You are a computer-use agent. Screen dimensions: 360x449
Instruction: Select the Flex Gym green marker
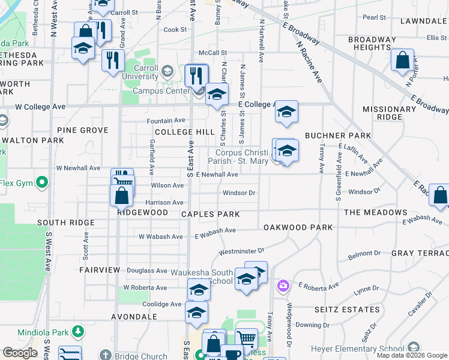coord(42,182)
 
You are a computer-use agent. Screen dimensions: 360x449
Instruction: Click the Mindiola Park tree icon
coord(77,331)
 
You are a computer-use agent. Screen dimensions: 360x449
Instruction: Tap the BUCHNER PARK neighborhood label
coord(338,136)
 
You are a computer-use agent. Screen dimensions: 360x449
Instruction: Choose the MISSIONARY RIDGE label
coord(389,113)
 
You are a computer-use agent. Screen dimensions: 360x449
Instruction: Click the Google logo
coord(20,353)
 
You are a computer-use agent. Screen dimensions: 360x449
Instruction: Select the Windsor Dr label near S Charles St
coord(240,193)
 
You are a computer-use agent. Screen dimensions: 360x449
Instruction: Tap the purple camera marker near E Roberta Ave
coord(282,286)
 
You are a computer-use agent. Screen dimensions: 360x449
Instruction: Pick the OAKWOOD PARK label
coord(298,227)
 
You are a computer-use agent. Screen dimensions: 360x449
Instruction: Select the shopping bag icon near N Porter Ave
coord(402,60)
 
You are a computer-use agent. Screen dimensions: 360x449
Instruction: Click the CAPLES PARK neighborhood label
coord(210,214)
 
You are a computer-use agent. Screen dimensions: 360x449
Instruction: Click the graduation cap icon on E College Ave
coord(287,111)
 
